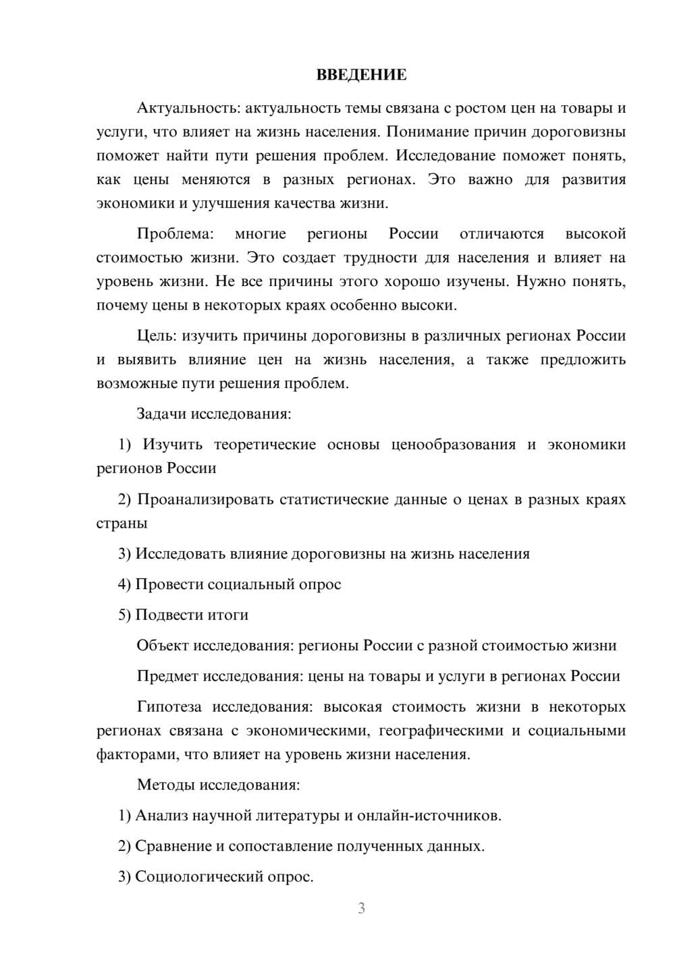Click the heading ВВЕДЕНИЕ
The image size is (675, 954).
pyautogui.click(x=361, y=75)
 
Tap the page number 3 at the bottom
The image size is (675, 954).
pyautogui.click(x=361, y=908)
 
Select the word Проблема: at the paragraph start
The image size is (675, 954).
pyautogui.click(x=175, y=234)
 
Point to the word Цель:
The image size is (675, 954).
pyautogui.click(x=157, y=336)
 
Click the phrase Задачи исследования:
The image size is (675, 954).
pyautogui.click(x=214, y=414)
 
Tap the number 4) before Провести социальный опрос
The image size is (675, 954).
pyautogui.click(x=124, y=584)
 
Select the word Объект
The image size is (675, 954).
pyautogui.click(x=163, y=645)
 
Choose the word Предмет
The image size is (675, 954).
pyautogui.click(x=167, y=676)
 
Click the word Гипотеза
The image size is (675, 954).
pyautogui.click(x=169, y=707)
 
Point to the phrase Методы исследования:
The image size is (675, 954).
pyautogui.click(x=218, y=785)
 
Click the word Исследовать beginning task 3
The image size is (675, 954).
pyautogui.click(x=181, y=554)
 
